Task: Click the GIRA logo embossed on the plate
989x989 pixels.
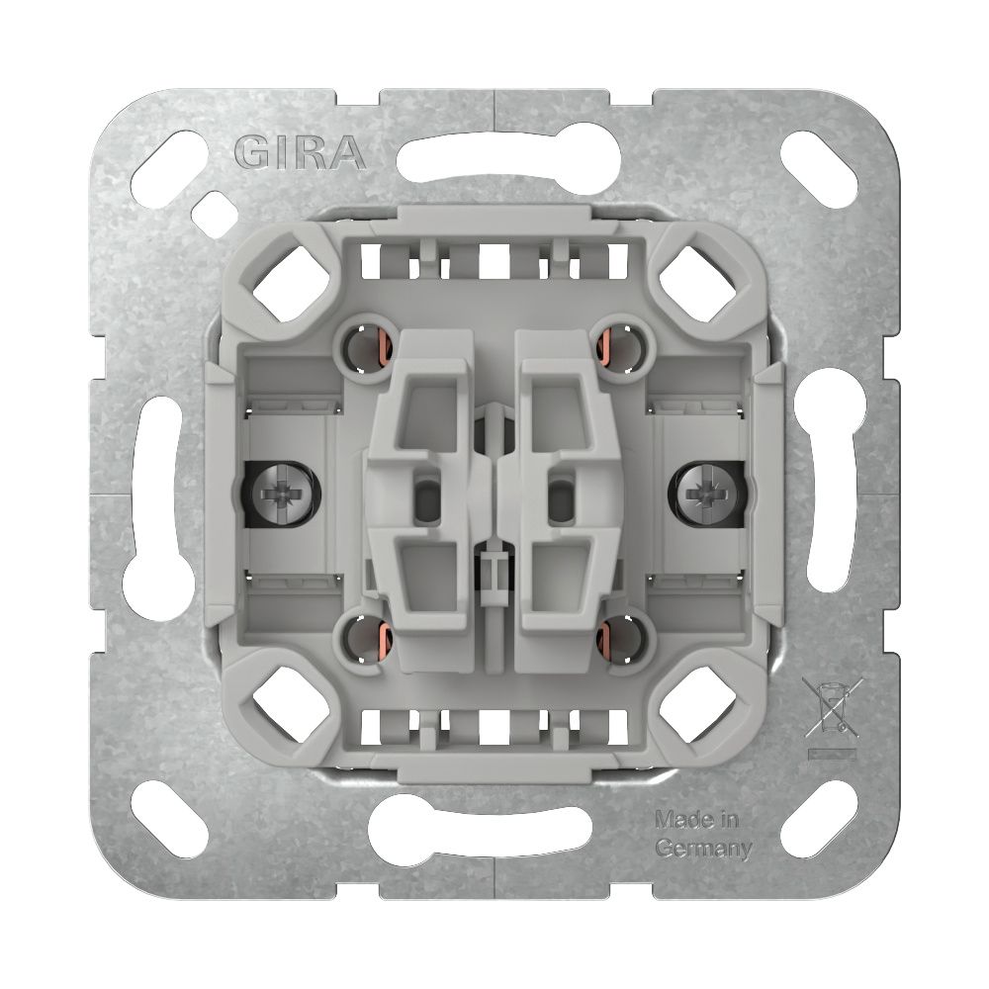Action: coord(301,152)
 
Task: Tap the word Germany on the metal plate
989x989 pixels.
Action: coord(704,849)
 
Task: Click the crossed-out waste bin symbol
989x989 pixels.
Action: coord(833,707)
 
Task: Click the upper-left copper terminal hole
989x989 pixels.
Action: coord(365,349)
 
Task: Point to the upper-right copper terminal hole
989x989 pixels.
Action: coord(622,349)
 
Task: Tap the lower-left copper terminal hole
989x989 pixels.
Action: coord(365,639)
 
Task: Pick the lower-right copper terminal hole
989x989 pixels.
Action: coord(622,639)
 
